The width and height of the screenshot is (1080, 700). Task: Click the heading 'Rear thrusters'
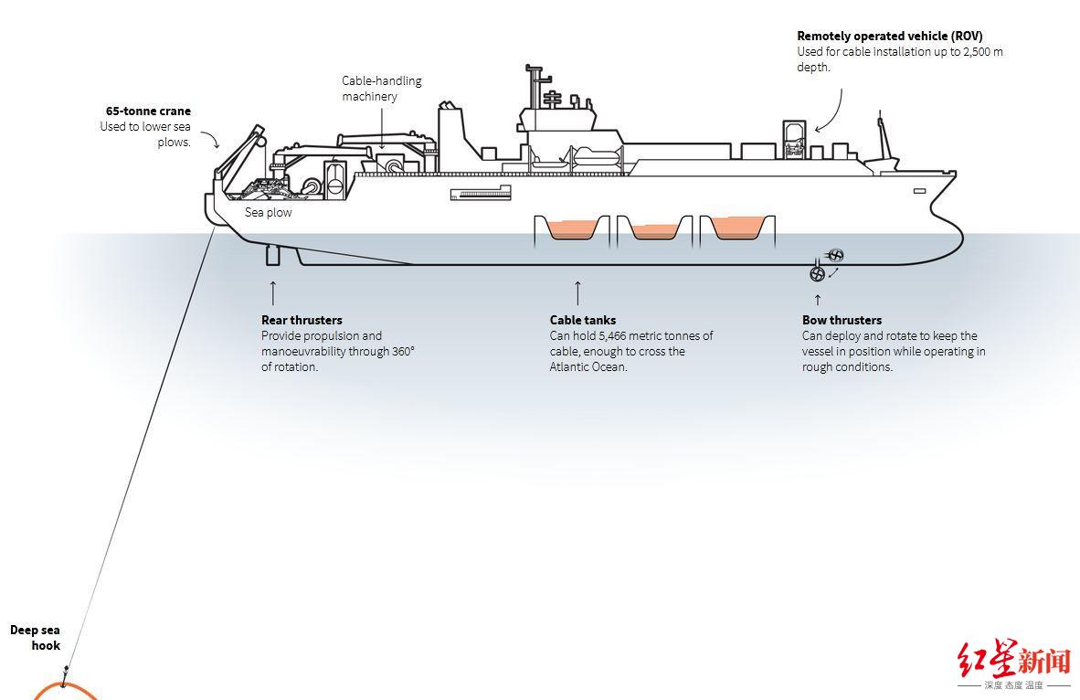pos(302,320)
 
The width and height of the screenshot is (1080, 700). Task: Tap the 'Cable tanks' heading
pos(583,320)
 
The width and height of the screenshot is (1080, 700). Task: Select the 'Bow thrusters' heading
pos(842,320)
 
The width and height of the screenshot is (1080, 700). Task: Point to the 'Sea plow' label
pos(269,212)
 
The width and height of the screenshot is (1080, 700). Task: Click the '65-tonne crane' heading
pos(148,111)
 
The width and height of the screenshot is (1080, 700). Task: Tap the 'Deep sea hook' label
pos(36,637)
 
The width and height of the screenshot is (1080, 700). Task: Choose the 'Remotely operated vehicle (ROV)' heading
pos(890,37)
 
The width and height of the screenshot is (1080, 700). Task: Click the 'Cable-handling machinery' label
pos(382,88)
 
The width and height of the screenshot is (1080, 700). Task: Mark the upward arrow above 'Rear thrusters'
pos(273,292)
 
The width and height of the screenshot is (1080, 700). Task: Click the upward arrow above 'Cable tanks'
pos(577,292)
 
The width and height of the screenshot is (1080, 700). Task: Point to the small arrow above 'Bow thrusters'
pos(818,299)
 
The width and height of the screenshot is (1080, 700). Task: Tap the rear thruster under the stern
pos(272,255)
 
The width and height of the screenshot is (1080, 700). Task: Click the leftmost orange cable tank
pos(571,228)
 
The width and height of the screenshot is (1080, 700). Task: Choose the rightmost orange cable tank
pos(736,228)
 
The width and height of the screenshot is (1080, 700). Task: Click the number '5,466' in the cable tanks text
pos(617,335)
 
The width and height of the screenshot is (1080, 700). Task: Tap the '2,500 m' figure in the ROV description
pos(983,52)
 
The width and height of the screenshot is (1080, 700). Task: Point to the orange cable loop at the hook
pos(64,691)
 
